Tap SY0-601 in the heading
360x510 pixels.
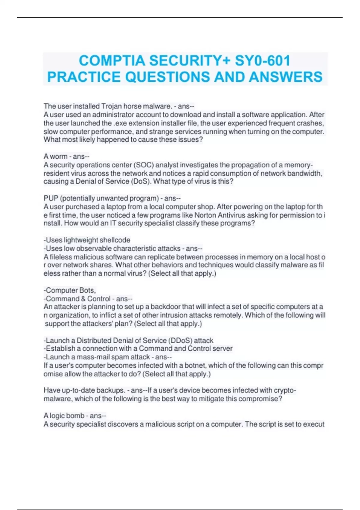tap(262, 61)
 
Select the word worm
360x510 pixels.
tap(58, 157)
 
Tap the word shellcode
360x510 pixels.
tap(115, 240)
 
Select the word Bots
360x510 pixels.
tap(87, 290)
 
